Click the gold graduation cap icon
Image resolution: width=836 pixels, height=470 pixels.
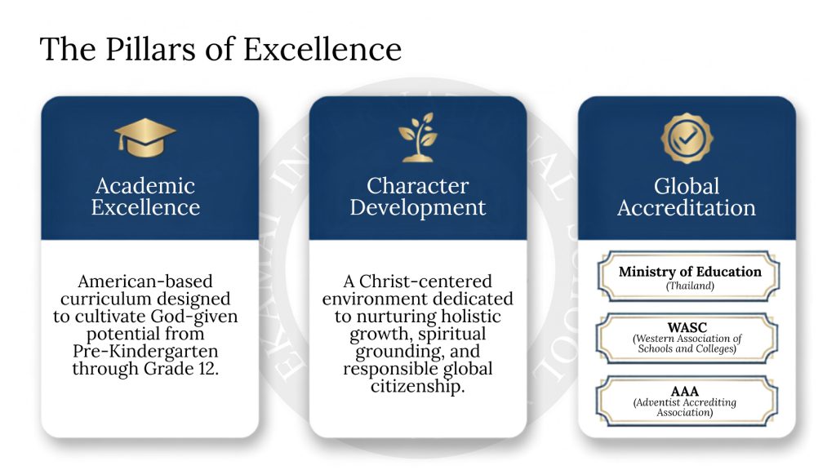pyautogui.click(x=145, y=137)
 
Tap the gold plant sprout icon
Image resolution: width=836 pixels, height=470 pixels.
pyautogui.click(x=418, y=137)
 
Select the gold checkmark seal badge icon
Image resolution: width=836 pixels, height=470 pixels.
pyautogui.click(x=687, y=138)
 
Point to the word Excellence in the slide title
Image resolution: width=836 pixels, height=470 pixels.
pyautogui.click(x=322, y=50)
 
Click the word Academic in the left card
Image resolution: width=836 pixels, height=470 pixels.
pyautogui.click(x=145, y=186)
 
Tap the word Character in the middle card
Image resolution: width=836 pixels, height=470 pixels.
pyautogui.click(x=418, y=186)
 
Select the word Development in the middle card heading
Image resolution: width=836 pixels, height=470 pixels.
pyautogui.click(x=418, y=208)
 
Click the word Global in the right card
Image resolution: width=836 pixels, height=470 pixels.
pyautogui.click(x=687, y=186)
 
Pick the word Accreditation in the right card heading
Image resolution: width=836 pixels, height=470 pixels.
pyautogui.click(x=687, y=208)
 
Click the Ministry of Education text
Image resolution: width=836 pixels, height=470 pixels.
pyautogui.click(x=690, y=272)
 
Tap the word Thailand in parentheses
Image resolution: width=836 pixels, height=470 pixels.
pyautogui.click(x=690, y=286)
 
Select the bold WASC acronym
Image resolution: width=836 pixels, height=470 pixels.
pyautogui.click(x=687, y=327)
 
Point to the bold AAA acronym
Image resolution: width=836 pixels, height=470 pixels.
pyautogui.click(x=685, y=391)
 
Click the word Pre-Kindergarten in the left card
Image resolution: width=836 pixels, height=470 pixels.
pyautogui.click(x=145, y=352)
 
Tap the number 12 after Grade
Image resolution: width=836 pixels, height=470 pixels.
pyautogui.click(x=207, y=369)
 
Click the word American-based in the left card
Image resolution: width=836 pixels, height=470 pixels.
pyautogui.click(x=145, y=282)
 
